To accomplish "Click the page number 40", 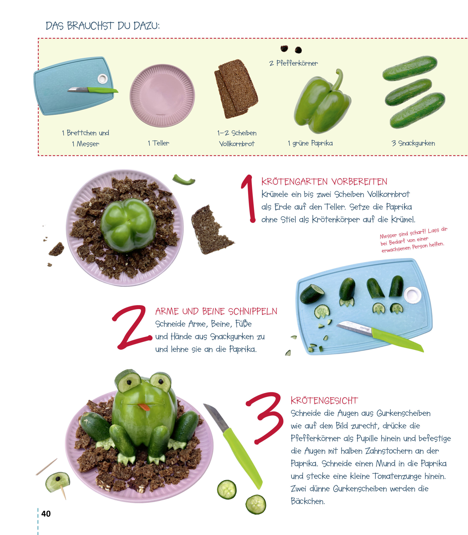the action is click(x=46, y=514).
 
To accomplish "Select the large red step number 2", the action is click(x=132, y=327).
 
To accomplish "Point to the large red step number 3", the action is click(x=265, y=418).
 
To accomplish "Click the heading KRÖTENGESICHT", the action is click(x=324, y=401).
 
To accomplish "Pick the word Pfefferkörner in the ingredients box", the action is click(x=297, y=63).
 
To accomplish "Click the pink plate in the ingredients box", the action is click(x=162, y=96).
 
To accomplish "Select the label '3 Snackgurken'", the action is click(x=413, y=143).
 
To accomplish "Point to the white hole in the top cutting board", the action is click(x=102, y=78).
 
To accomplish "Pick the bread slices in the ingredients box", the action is click(x=236, y=89).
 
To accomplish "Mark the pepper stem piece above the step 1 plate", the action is click(x=184, y=180).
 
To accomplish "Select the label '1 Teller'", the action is click(x=158, y=143).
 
